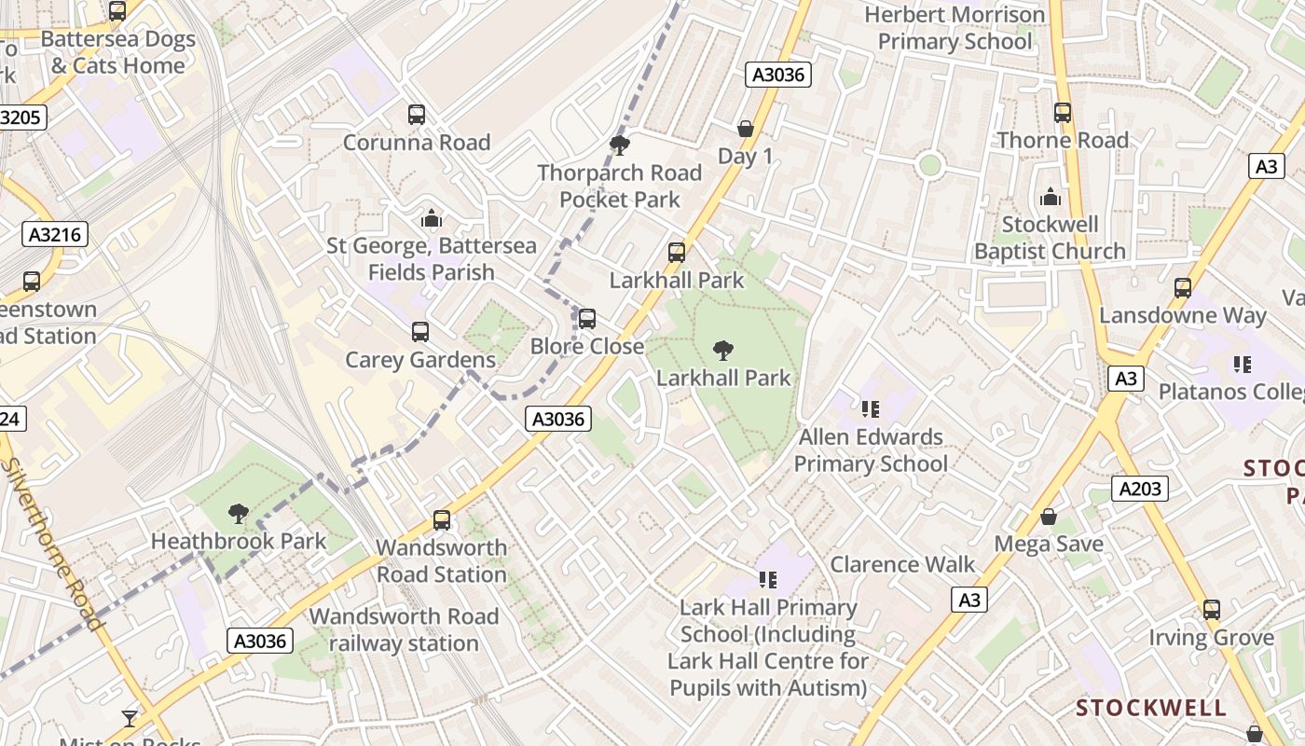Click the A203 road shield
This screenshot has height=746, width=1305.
[1139, 488]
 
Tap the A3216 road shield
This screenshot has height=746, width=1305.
[55, 234]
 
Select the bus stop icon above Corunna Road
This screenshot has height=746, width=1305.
[417, 115]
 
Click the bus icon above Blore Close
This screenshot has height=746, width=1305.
[587, 319]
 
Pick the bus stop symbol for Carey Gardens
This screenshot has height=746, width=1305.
[420, 332]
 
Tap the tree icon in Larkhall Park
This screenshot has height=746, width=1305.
[722, 351]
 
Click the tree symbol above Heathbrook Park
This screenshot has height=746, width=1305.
[239, 513]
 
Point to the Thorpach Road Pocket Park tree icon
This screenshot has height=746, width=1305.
[619, 145]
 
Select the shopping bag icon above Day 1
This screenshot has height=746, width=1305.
[745, 129]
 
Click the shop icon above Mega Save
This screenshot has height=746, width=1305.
[1049, 517]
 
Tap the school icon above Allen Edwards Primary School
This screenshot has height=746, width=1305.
[871, 408]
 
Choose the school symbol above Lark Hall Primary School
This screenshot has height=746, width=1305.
[767, 580]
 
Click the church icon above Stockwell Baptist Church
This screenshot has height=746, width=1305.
[1051, 197]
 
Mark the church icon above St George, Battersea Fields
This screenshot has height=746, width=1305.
[432, 218]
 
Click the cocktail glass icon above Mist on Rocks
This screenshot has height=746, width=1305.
[130, 718]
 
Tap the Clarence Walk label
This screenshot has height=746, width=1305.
[902, 564]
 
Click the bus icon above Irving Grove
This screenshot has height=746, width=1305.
[1211, 610]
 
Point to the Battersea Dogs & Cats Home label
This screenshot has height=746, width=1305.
[117, 52]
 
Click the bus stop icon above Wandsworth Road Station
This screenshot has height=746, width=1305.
[442, 520]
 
